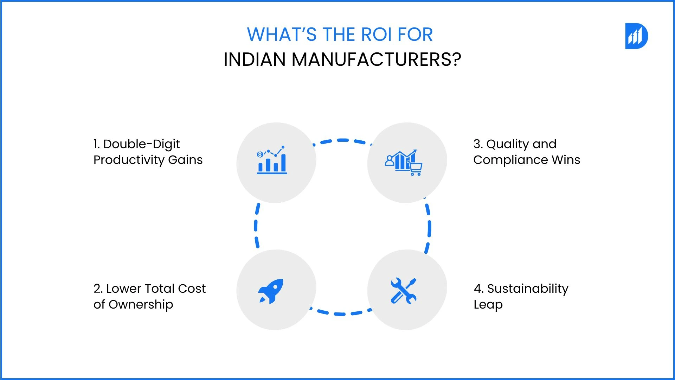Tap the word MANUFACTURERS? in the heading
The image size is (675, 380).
pos(376,59)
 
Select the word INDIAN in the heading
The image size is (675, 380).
pos(255,59)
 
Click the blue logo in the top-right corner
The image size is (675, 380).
pos(636,36)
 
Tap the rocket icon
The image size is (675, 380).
pos(271,291)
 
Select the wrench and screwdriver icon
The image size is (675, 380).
pos(404,291)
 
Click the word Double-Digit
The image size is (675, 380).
pos(141,144)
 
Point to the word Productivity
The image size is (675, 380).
pos(129,160)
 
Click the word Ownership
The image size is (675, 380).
pos(141,305)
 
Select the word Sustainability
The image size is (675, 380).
pos(528,289)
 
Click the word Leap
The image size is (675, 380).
pos(488,305)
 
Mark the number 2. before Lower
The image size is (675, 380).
pos(98,289)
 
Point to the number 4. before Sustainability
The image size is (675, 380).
pos(478,289)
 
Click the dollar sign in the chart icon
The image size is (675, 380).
pos(260,154)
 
